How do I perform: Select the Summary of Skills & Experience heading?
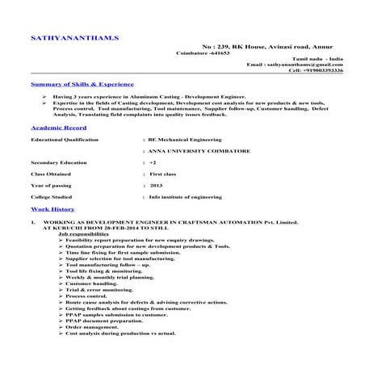click(x=81, y=84)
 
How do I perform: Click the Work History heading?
click(x=51, y=208)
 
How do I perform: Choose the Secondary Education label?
click(x=61, y=162)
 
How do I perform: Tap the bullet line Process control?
click(x=93, y=296)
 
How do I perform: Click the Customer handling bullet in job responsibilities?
click(x=95, y=283)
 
